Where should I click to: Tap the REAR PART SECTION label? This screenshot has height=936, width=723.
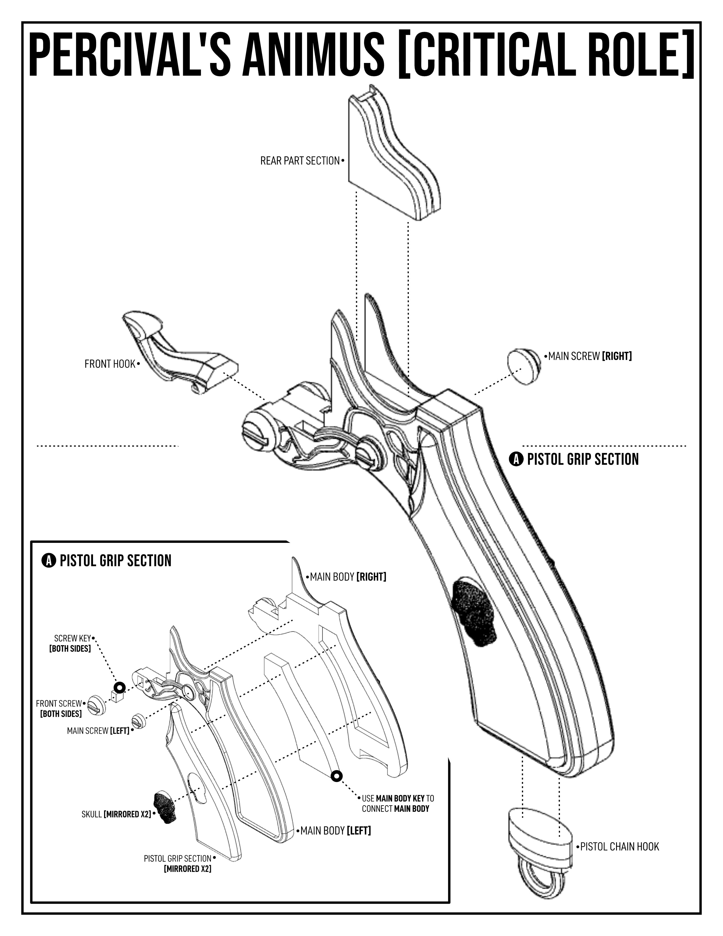(299, 161)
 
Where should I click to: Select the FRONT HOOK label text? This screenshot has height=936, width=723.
(110, 364)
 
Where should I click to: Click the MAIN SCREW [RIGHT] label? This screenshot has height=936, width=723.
(590, 356)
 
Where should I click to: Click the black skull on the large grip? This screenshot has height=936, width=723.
(475, 612)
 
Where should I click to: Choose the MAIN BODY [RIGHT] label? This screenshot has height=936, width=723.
(348, 577)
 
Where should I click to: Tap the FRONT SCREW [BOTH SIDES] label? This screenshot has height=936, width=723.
(59, 709)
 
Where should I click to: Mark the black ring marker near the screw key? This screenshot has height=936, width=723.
(119, 688)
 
